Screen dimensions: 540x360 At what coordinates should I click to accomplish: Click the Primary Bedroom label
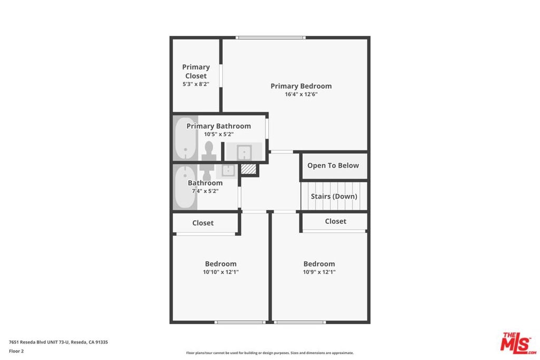(301, 86)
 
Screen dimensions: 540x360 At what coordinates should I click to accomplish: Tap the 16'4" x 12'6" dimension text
(301, 94)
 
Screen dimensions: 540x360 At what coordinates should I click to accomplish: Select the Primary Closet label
(196, 71)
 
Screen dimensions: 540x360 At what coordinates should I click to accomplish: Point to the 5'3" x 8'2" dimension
(196, 84)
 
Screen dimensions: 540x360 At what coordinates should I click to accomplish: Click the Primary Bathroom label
(219, 126)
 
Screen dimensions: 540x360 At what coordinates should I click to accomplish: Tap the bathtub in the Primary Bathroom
(185, 138)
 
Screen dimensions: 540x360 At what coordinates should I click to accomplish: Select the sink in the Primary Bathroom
(244, 152)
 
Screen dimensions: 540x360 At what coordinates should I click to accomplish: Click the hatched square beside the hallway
(248, 169)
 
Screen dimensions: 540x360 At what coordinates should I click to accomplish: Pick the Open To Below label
(333, 166)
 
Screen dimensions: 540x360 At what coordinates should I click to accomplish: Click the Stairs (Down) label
(334, 196)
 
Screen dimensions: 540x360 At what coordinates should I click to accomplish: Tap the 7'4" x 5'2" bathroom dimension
(205, 191)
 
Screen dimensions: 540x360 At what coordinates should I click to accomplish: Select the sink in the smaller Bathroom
(228, 170)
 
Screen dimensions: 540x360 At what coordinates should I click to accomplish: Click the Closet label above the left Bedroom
(203, 223)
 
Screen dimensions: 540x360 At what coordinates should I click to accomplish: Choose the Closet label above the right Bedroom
(335, 221)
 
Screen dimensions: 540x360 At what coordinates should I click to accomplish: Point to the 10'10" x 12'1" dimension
(221, 272)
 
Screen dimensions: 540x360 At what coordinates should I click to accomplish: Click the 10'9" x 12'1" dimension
(319, 272)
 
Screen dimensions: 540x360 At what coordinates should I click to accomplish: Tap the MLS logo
(518, 343)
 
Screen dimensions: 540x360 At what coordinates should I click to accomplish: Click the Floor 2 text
(16, 351)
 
